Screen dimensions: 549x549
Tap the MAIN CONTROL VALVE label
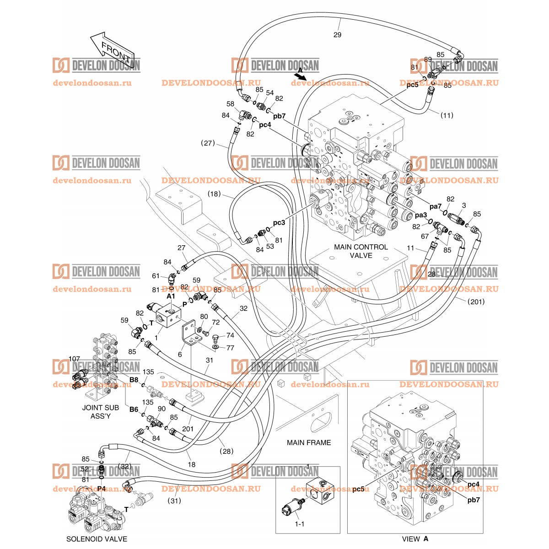(x=361, y=251)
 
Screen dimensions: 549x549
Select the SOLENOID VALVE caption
(x=97, y=539)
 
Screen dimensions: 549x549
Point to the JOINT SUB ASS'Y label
(x=100, y=412)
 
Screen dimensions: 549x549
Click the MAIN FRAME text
(x=308, y=442)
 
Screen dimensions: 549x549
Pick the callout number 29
(x=337, y=35)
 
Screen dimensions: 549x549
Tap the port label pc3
(x=279, y=223)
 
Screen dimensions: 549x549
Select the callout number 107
(x=74, y=359)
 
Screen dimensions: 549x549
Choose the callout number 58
(x=230, y=104)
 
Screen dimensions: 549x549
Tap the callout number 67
(x=425, y=236)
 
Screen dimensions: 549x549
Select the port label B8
(x=134, y=380)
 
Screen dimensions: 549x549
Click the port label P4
(x=102, y=489)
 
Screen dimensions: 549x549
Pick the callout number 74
(x=230, y=335)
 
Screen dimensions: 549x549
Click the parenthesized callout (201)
(x=476, y=301)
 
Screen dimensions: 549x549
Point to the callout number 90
(x=161, y=409)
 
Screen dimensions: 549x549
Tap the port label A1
(x=171, y=296)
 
